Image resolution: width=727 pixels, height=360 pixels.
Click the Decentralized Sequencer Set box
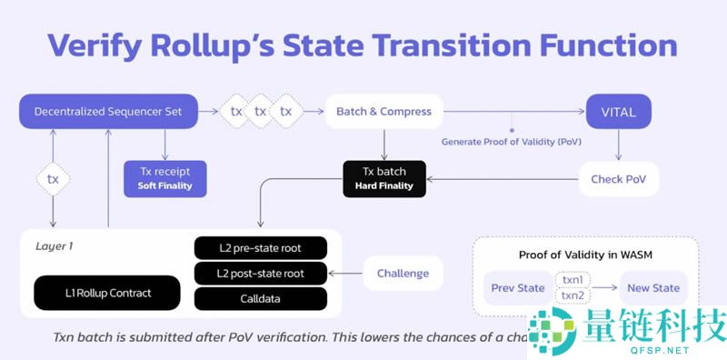108,111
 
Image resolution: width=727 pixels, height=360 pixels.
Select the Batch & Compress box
383,111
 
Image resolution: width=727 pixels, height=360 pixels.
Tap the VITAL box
618,111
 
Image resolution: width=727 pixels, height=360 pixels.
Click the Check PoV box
618,179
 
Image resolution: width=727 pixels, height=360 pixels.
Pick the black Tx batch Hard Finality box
383,178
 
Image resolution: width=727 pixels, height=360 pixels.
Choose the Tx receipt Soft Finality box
164,178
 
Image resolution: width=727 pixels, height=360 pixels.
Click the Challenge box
403,272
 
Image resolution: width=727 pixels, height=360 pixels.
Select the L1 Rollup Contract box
107,293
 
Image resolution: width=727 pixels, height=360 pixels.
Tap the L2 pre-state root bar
261,247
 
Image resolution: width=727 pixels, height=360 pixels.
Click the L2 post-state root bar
261,272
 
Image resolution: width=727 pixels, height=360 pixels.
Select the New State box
652,287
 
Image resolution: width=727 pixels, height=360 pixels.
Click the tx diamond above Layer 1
53,179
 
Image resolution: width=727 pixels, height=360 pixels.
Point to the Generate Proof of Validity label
511,142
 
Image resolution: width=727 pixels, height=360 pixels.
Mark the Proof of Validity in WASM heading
584,255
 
